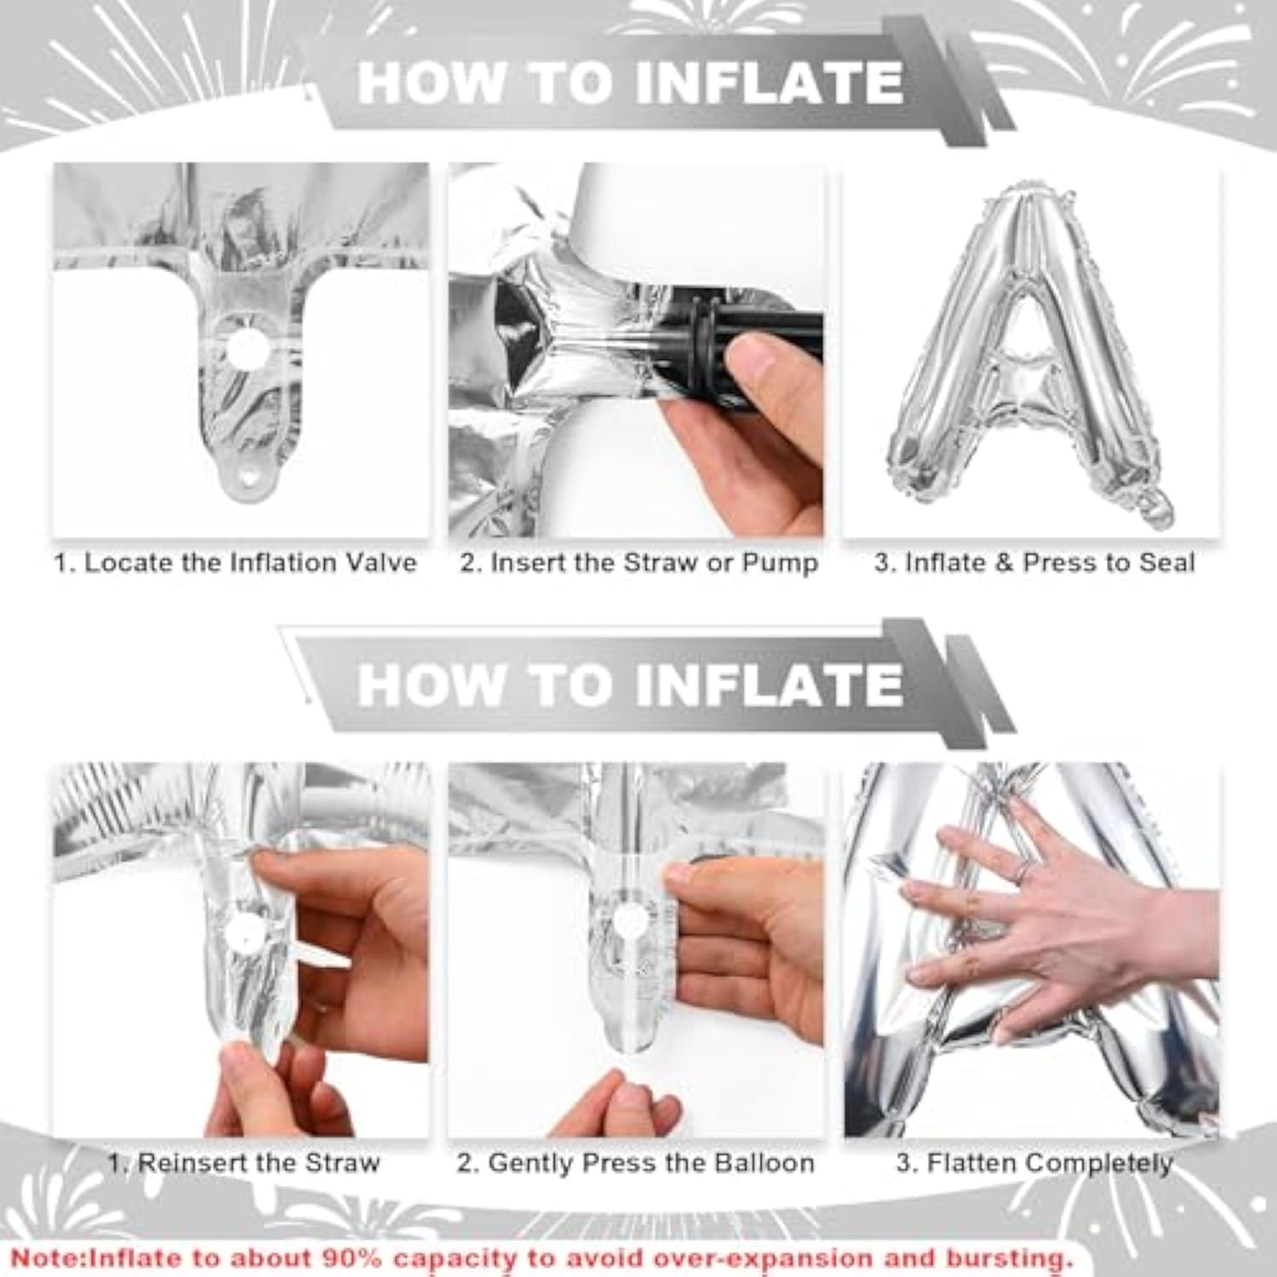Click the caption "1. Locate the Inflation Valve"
236,563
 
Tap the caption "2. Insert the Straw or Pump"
638,563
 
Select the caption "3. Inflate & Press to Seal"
1034,563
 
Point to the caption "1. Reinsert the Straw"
243,1163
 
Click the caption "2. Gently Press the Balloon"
636,1163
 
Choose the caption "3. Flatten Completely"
1034,1163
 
